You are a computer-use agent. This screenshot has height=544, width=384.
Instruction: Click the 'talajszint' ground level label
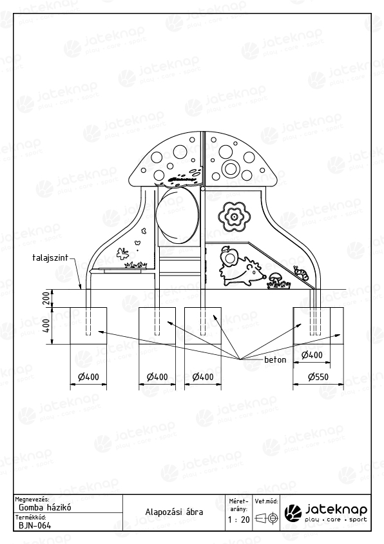50,257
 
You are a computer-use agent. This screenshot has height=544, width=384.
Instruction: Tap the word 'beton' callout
275,359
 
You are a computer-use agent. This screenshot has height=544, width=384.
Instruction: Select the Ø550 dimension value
318,377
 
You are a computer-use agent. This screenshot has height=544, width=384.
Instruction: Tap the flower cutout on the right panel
234,217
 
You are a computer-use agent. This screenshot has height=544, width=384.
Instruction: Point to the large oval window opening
178,215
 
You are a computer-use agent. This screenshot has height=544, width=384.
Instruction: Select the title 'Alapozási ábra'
174,512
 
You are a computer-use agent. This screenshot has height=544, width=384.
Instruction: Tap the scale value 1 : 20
238,519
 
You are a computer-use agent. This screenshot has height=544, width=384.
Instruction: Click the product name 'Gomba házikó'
45,507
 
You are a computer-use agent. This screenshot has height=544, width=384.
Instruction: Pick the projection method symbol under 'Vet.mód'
267,519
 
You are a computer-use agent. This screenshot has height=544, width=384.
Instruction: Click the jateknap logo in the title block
325,513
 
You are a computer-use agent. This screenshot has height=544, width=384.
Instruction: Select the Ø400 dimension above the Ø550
312,355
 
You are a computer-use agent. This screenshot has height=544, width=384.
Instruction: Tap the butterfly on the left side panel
122,254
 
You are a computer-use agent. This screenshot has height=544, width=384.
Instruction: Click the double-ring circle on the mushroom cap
229,168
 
